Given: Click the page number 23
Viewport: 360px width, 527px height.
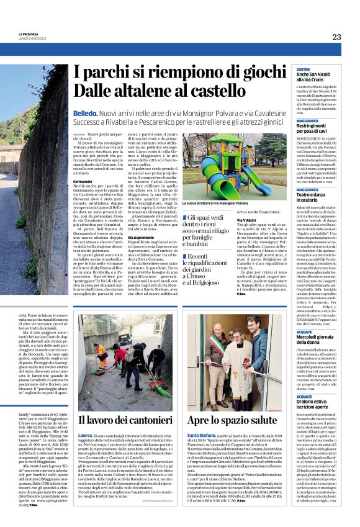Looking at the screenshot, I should pyautogui.click(x=336, y=37).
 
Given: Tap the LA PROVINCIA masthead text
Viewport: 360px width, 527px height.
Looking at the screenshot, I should pyautogui.click(x=28, y=34).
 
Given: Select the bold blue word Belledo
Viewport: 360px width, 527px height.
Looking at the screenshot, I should pyautogui.click(x=84, y=114).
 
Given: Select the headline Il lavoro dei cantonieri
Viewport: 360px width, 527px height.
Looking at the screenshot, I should pyautogui.click(x=124, y=420).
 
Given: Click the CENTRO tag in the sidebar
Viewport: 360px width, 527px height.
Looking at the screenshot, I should pyautogui.click(x=303, y=69).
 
